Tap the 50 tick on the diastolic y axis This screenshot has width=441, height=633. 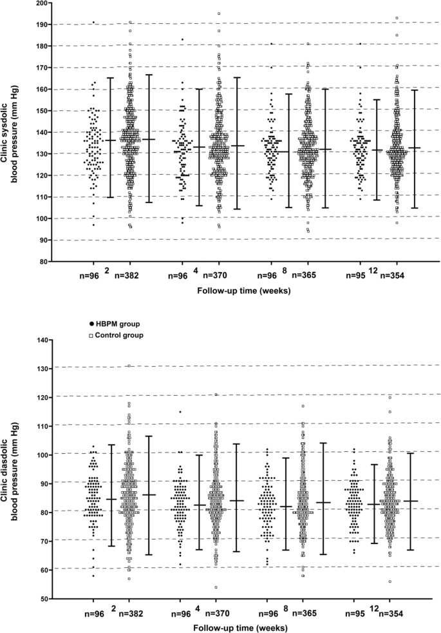point(44,599)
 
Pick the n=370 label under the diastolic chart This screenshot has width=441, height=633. point(217,614)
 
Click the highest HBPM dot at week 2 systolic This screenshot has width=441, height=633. point(93,23)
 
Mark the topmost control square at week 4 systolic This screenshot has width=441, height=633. point(219,14)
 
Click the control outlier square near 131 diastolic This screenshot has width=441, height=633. point(129,365)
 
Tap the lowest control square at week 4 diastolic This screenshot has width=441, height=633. point(216,587)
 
